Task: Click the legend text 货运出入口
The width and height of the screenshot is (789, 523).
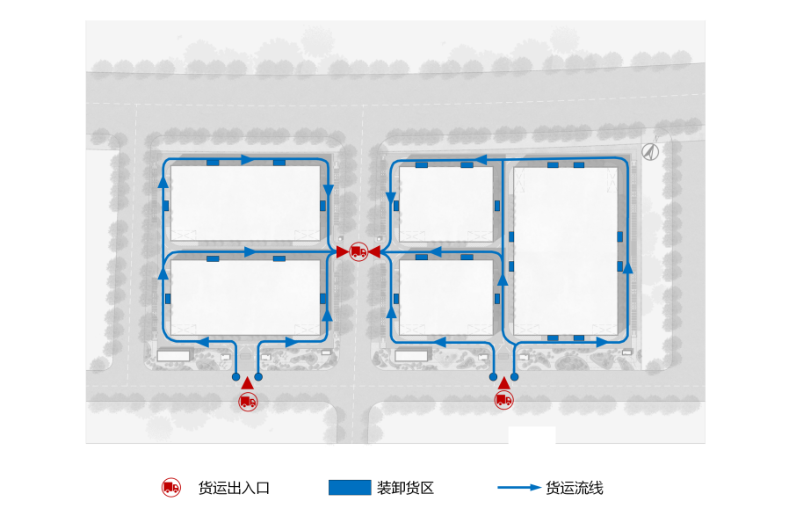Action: (x=234, y=488)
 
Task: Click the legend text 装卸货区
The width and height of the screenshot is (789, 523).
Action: (x=405, y=488)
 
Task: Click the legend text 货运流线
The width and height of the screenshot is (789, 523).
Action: (x=575, y=488)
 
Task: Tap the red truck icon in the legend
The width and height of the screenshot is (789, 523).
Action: (x=171, y=488)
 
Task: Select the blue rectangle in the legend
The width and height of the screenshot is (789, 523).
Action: (x=350, y=488)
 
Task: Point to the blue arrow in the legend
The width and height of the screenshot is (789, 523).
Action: (x=518, y=488)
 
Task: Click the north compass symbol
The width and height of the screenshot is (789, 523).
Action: (x=649, y=151)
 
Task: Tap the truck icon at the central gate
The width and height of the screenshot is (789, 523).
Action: (x=358, y=252)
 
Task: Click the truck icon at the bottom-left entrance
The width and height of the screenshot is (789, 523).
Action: (x=248, y=402)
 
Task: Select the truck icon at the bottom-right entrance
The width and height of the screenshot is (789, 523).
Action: (x=503, y=401)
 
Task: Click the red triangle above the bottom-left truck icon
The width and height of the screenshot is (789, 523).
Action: (x=248, y=382)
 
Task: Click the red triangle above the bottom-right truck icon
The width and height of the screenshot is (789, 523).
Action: (x=503, y=382)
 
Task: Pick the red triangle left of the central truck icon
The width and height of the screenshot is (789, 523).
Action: (x=343, y=252)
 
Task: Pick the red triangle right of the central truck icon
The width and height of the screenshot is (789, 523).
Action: (x=373, y=252)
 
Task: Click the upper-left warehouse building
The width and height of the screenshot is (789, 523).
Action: (x=245, y=203)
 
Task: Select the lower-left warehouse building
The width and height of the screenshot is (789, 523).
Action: (x=245, y=297)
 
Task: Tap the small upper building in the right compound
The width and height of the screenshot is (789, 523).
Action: (x=445, y=203)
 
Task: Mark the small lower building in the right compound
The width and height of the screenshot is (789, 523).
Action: (x=445, y=297)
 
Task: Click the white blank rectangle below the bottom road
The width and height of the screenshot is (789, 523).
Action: (x=532, y=435)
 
